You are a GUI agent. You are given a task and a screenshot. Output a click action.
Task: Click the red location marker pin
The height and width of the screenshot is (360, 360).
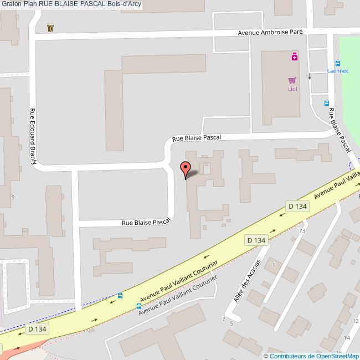click(x=186, y=168)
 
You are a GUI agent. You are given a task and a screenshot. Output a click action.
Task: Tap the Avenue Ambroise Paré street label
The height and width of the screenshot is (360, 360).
click(x=270, y=32)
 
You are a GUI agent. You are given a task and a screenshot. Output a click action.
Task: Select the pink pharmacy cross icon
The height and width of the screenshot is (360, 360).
click(x=295, y=56)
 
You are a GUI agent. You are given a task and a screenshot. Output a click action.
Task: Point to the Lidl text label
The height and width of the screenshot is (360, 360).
click(x=292, y=89)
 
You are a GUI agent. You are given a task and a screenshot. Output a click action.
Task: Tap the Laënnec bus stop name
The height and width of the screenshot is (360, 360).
click(x=337, y=71)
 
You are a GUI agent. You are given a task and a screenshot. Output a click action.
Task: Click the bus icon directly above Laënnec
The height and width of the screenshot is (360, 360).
click(x=338, y=63)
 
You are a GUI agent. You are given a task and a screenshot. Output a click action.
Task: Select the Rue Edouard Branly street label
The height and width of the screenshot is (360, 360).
click(x=33, y=136)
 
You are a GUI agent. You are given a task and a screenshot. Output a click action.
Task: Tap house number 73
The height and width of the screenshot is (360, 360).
click(x=302, y=230)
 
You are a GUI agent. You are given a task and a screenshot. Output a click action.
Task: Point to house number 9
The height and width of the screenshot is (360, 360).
click(x=13, y=197)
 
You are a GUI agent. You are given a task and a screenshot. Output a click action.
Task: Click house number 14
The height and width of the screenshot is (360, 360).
click(x=347, y=337)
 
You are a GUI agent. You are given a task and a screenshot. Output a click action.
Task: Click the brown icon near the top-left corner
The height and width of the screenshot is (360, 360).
click(x=51, y=28)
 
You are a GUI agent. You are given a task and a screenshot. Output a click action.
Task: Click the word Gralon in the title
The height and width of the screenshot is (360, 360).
click(x=12, y=4)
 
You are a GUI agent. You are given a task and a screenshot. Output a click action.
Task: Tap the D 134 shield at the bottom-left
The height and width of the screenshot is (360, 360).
click(x=37, y=329)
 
